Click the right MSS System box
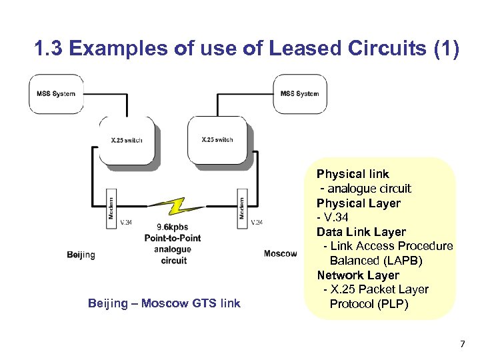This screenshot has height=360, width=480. pyautogui.click(x=299, y=94)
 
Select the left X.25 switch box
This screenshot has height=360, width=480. pyautogui.click(x=127, y=140)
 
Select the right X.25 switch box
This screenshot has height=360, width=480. pyautogui.click(x=217, y=140)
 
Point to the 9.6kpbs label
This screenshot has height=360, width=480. pyautogui.click(x=173, y=227)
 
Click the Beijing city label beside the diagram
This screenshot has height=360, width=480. pyautogui.click(x=81, y=255)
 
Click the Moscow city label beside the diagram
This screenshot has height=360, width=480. pyautogui.click(x=280, y=253)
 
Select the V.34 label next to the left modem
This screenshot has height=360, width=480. pyautogui.click(x=125, y=222)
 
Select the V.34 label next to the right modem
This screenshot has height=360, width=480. pyautogui.click(x=256, y=222)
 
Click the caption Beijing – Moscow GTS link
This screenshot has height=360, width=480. pyautogui.click(x=164, y=303)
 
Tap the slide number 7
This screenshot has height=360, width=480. pyautogui.click(x=461, y=344)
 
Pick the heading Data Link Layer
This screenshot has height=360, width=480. pyautogui.click(x=361, y=232)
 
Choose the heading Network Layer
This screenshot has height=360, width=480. pyautogui.click(x=358, y=275)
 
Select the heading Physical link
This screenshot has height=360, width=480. pyautogui.click(x=353, y=174)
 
